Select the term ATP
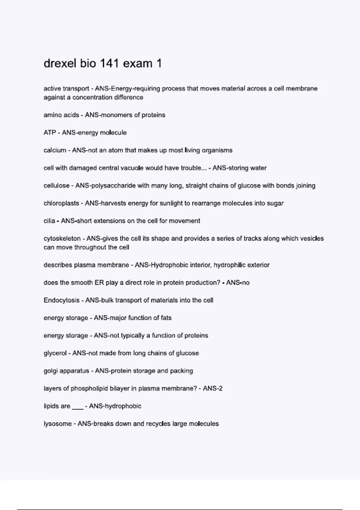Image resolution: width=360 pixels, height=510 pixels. [49, 133]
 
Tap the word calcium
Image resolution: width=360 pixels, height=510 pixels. [55, 150]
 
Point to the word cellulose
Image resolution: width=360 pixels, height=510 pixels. [56, 186]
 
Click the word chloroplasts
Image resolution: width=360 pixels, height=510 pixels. [61, 203]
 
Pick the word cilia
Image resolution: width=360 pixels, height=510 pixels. [49, 221]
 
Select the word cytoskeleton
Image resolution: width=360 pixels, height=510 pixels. [62, 239]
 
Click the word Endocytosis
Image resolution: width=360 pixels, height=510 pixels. [61, 300]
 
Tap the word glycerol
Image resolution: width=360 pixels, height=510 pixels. [55, 353]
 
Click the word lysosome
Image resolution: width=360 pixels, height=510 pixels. [58, 424]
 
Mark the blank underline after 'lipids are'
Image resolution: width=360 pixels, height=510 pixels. [78, 407]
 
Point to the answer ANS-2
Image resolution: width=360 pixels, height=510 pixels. [212, 388]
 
